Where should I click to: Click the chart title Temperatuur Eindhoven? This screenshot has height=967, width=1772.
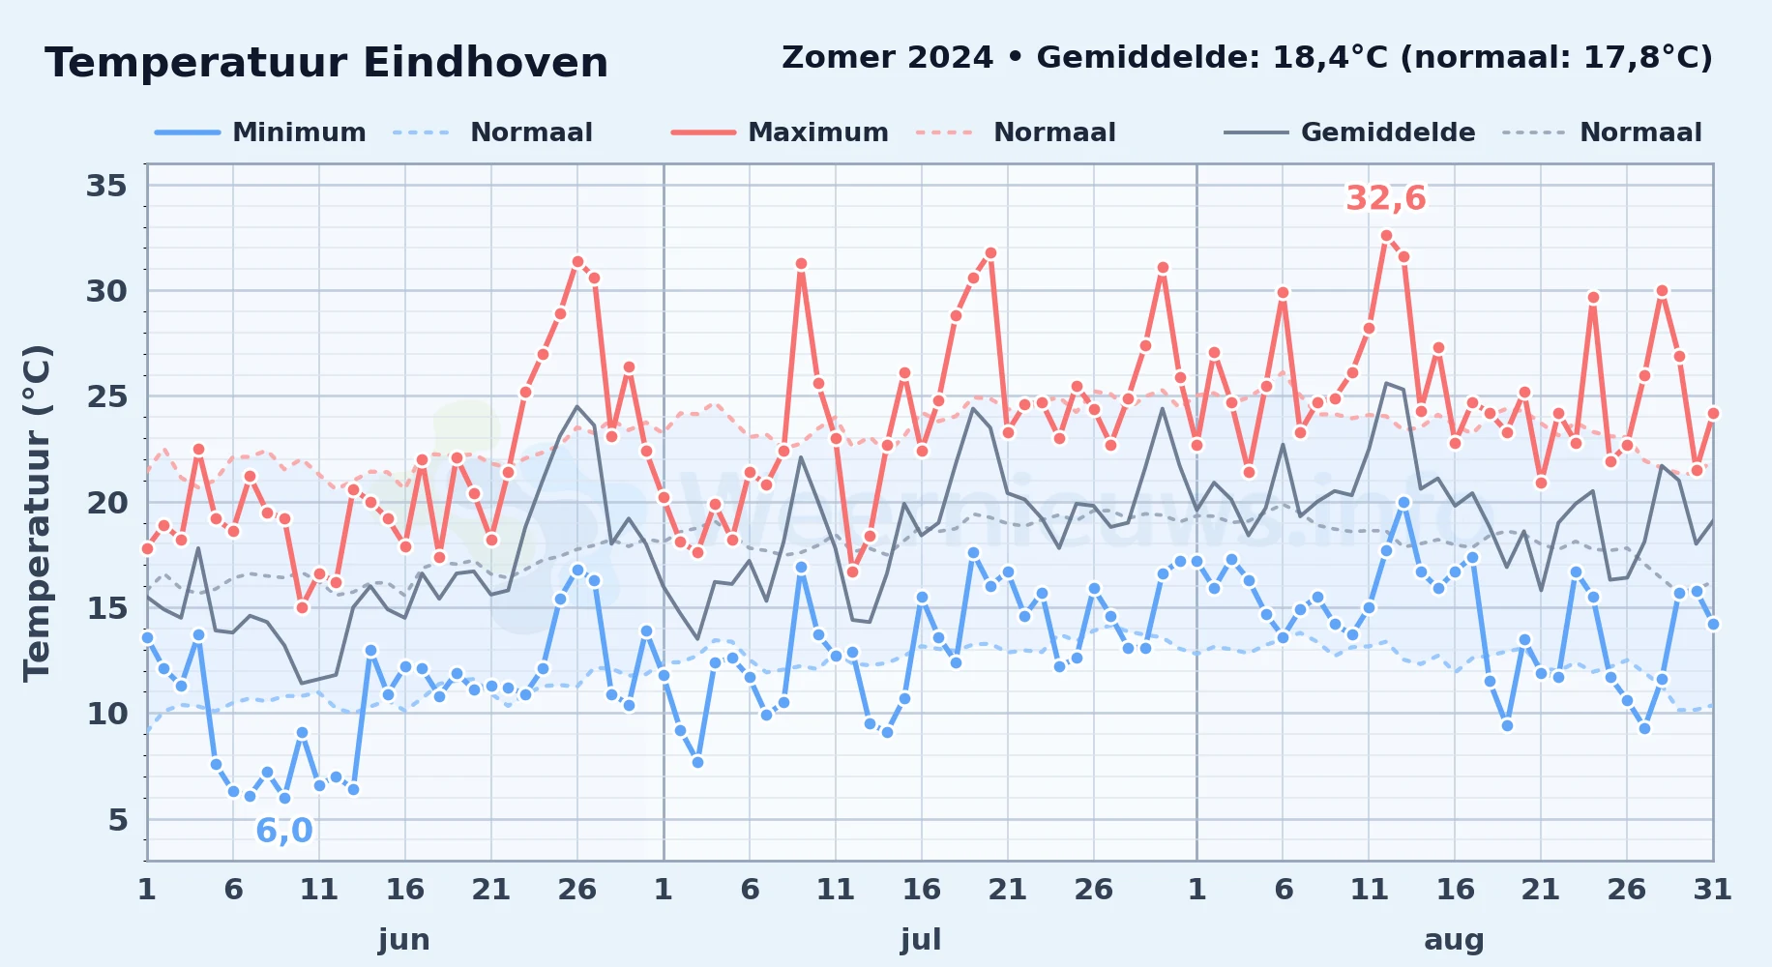point(327,63)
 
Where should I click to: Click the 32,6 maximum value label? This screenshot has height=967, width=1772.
point(1386,198)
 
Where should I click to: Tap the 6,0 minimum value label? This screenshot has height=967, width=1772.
point(284,831)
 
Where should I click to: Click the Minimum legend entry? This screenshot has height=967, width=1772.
point(260,132)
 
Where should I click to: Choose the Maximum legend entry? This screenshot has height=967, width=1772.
point(780,132)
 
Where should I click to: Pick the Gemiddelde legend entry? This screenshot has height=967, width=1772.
point(1349,132)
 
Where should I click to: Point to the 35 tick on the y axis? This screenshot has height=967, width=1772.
point(106,185)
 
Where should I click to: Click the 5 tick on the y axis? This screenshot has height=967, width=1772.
point(118,820)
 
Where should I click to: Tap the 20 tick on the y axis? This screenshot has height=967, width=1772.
point(106,503)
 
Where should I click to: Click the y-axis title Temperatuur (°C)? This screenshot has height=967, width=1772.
point(37,513)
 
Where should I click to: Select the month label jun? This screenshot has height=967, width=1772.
point(404,939)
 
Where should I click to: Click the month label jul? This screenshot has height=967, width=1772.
point(921,939)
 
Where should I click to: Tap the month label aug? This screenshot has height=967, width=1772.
point(1454,940)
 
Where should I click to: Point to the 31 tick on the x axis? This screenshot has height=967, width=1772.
point(1712,889)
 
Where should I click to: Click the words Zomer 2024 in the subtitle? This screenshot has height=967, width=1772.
point(887,58)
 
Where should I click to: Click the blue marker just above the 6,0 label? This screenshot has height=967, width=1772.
point(284,799)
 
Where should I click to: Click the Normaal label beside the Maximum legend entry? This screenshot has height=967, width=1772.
point(1054,132)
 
